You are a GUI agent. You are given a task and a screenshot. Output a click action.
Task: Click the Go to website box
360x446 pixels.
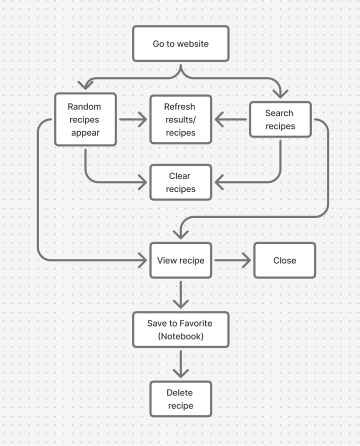pos(181,44)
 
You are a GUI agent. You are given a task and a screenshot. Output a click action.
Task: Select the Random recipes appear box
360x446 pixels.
pos(85,120)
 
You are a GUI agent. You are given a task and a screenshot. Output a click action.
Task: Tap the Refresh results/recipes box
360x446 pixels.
pos(181,120)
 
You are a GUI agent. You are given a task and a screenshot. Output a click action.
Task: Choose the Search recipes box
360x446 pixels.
pos(280,120)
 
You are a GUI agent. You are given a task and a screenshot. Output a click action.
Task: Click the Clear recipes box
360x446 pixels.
pos(181,183)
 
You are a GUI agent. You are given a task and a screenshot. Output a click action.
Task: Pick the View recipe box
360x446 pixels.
pos(181,261)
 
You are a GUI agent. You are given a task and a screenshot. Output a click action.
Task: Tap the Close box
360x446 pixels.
pos(285,261)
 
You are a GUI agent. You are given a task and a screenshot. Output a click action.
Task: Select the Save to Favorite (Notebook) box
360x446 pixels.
pos(181,330)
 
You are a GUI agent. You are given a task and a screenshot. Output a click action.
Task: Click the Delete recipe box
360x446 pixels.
pos(181,399)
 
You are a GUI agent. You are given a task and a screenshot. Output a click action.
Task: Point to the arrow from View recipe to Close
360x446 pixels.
pos(233,261)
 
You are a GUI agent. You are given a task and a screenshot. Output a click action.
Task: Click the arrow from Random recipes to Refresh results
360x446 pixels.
pos(133,120)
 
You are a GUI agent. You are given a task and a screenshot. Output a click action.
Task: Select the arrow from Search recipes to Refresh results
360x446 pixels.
pos(230,120)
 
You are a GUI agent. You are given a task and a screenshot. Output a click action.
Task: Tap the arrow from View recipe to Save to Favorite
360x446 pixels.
pos(181,294)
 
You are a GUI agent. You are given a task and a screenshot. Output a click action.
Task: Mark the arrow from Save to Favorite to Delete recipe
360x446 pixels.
pos(181,364)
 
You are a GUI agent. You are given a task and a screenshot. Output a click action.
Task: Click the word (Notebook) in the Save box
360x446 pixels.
pos(181,337)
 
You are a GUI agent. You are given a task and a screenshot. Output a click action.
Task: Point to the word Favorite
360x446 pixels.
pos(195,323)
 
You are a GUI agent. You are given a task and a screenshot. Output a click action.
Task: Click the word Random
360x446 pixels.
pos(84,107)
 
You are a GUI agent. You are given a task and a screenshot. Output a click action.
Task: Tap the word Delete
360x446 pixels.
pos(179,393)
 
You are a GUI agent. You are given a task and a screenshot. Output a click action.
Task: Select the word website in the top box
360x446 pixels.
pos(193,44)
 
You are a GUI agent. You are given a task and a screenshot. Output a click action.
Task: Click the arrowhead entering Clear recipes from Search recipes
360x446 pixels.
pos(219,183)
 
